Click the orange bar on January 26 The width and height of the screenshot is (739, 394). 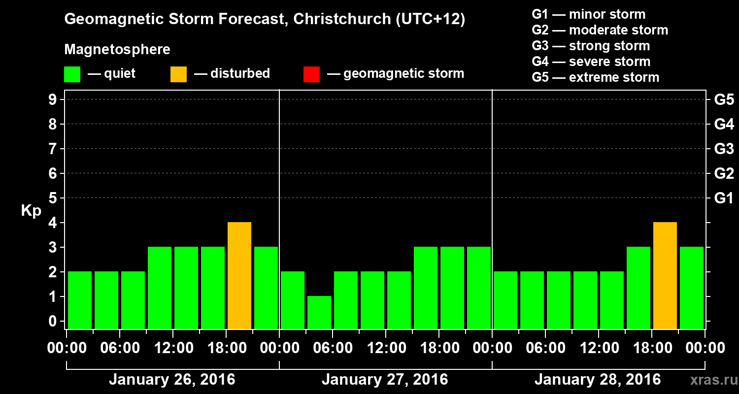239,276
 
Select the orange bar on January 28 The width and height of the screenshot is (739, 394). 665,276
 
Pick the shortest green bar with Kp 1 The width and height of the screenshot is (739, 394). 319,312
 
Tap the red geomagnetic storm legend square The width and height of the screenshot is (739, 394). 311,74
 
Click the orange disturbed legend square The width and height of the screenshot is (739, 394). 178,74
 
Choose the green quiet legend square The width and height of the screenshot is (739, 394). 72,74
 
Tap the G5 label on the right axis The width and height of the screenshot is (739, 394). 724,100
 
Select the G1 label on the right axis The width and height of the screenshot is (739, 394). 724,198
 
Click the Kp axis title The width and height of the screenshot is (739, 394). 31,211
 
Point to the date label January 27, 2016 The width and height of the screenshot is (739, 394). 385,380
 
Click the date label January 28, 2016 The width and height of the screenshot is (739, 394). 598,380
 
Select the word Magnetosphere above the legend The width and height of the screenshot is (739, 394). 117,50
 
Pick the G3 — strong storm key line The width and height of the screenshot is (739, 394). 591,46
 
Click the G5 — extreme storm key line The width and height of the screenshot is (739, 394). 595,77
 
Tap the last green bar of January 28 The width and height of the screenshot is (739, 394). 692,288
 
